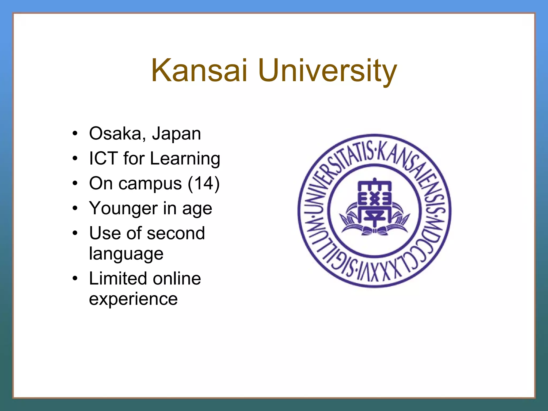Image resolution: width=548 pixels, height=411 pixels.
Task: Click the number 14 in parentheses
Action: click(203, 183)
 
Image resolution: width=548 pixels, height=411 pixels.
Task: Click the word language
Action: click(126, 254)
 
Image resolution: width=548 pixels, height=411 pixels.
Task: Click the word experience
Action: click(133, 299)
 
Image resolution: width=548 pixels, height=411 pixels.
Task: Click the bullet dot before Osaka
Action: click(75, 133)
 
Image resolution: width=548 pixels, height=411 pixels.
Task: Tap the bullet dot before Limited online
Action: click(75, 278)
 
